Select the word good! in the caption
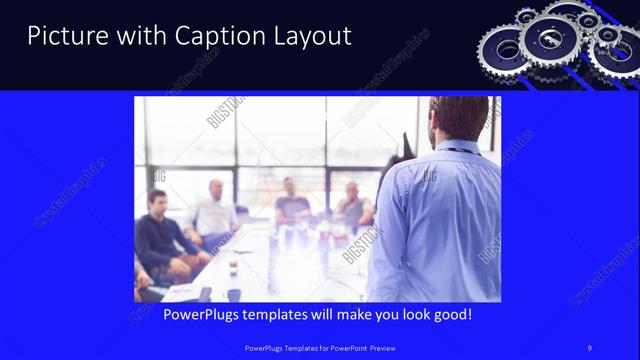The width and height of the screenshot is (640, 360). (x=449, y=314)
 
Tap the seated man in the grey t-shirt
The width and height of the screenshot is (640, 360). (x=291, y=204)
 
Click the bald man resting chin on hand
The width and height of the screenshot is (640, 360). (x=352, y=205)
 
